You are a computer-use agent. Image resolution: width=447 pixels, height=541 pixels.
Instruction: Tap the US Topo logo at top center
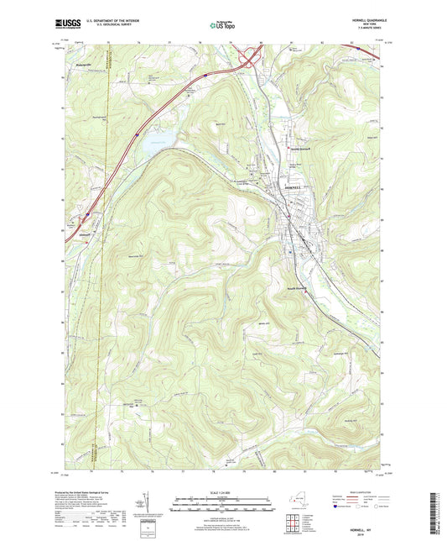223,26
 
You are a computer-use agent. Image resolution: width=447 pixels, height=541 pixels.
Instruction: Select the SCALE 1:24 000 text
223,491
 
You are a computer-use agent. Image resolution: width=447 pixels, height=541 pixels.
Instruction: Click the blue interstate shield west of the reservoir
136,133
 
